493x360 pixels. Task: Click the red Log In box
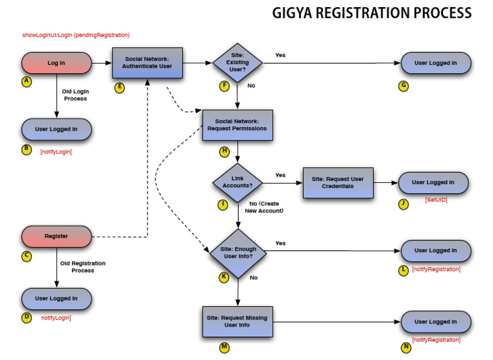(x=56, y=63)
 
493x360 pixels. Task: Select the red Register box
(x=56, y=236)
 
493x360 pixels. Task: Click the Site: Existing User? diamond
(x=238, y=63)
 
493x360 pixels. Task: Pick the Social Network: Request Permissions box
(x=238, y=125)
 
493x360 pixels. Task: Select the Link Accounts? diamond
(x=238, y=182)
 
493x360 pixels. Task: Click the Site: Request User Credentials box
(x=338, y=183)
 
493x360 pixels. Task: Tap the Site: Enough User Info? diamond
(x=238, y=252)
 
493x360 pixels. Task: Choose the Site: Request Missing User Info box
(x=238, y=321)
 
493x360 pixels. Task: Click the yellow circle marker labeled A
(x=26, y=81)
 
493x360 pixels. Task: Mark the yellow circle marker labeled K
(x=224, y=277)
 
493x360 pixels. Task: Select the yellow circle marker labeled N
(x=406, y=347)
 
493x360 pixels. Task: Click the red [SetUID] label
(x=436, y=200)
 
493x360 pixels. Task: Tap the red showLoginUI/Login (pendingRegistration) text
(x=76, y=35)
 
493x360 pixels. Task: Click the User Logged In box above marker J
(x=433, y=183)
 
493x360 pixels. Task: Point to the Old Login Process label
(x=74, y=95)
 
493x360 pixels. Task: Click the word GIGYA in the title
(x=295, y=13)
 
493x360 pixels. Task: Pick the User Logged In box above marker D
(x=56, y=298)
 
